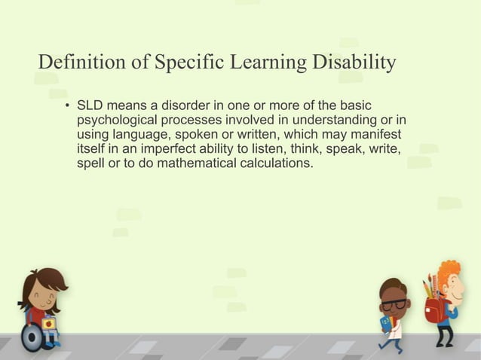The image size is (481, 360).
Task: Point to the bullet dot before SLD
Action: click(x=67, y=105)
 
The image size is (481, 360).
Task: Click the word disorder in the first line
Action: click(x=181, y=105)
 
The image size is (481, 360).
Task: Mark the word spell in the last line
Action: click(x=91, y=163)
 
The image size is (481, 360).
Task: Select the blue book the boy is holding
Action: click(x=387, y=324)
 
